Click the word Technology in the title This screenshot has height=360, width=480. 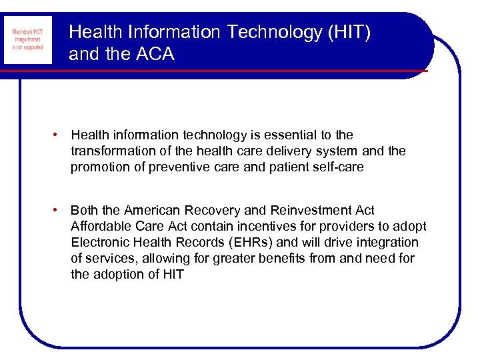coord(261,32)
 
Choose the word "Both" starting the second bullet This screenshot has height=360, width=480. coord(85,210)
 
